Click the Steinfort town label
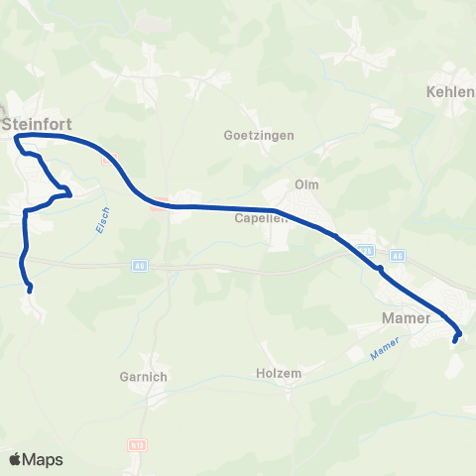coord(38,125)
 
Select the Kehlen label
coord(450,91)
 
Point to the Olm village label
coord(304,184)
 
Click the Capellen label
coord(261,218)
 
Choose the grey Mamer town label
coord(406,318)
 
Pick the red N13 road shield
coord(136,445)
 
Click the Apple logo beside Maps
coord(16,459)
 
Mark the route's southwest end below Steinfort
coord(31,291)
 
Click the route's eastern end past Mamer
coord(454,341)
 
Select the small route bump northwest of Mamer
coord(380,269)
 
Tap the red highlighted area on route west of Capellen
coord(158,206)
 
